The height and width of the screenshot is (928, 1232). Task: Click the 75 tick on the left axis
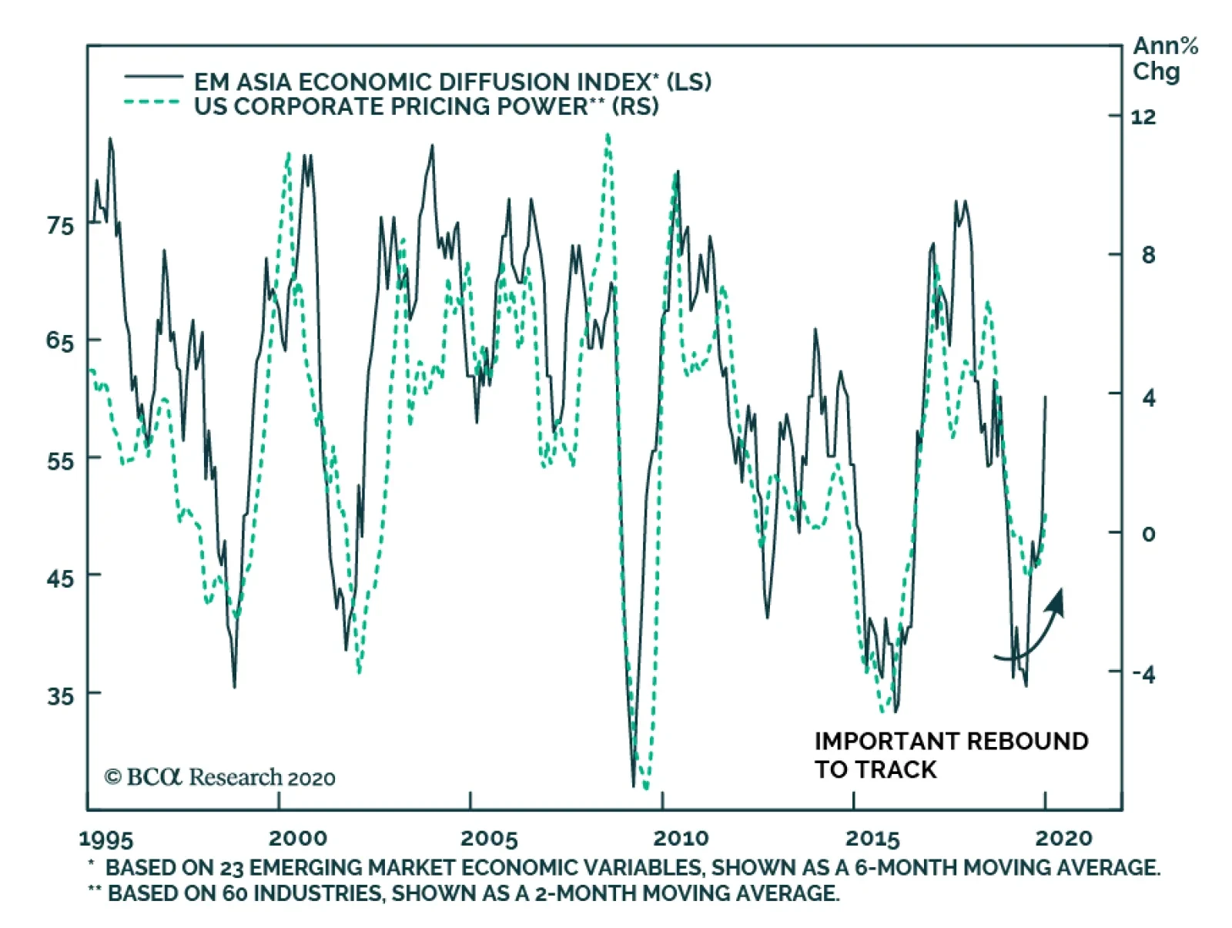[x=60, y=226]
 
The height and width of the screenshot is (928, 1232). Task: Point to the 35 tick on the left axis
[x=60, y=695]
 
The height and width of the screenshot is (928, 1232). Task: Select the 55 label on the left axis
[x=60, y=461]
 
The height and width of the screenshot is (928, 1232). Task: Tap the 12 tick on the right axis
[x=1143, y=117]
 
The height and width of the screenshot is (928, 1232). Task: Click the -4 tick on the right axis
[x=1143, y=675]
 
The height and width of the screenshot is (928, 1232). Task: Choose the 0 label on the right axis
[x=1148, y=534]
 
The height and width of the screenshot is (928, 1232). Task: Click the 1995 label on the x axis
[x=106, y=839]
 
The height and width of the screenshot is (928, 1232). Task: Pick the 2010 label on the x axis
[x=680, y=838]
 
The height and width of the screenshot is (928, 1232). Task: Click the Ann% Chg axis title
[x=1164, y=59]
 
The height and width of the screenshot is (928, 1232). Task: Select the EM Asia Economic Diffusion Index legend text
[x=452, y=81]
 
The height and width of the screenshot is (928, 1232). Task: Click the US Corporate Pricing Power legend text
[x=426, y=106]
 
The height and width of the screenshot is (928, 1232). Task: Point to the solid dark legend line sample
[x=153, y=77]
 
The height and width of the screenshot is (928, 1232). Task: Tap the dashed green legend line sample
[x=153, y=102]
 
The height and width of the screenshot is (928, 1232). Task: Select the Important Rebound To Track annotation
[x=950, y=755]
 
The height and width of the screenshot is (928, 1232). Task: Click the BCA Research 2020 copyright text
[x=220, y=777]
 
